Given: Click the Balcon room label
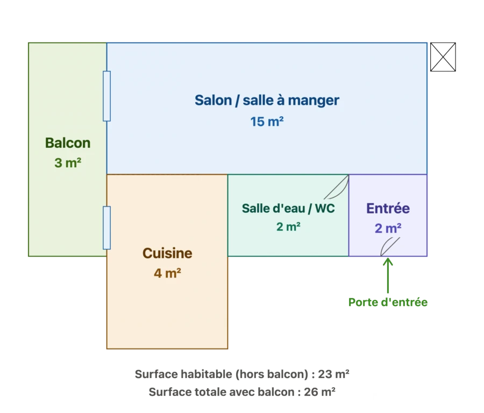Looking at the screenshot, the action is (x=68, y=143).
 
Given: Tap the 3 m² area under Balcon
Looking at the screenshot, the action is (x=68, y=162).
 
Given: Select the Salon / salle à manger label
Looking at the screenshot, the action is (x=267, y=101).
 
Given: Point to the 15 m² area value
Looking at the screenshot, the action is (x=267, y=122).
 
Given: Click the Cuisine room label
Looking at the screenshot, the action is (x=167, y=253).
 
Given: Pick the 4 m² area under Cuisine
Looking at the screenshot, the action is (x=167, y=273).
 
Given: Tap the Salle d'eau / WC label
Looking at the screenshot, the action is (x=288, y=208).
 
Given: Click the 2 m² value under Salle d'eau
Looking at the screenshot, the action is (x=288, y=226).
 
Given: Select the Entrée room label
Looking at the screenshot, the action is (x=388, y=208).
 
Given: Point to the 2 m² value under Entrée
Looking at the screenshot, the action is (x=388, y=229).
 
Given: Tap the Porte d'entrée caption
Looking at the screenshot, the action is (x=388, y=302).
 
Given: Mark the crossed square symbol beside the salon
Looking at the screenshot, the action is (x=443, y=57).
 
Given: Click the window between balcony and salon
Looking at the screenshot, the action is (x=107, y=96).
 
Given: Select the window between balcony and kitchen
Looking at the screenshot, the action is (x=107, y=228).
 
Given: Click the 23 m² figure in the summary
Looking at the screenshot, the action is (x=333, y=374).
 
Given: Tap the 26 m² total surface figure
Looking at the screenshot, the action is (x=320, y=392).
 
